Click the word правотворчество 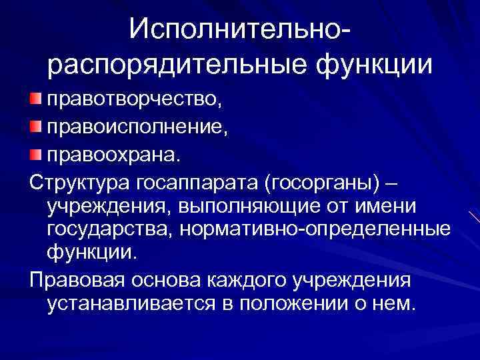131,101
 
